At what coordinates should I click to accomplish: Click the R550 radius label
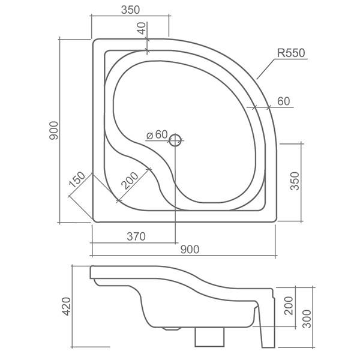[x=292, y=53]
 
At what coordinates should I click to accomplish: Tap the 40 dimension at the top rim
[x=142, y=28]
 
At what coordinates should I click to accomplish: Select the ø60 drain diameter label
[x=157, y=135]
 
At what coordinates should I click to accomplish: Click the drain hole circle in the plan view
[x=175, y=140]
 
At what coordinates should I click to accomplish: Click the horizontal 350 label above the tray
[x=130, y=10]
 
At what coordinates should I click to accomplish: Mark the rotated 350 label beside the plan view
[x=294, y=180]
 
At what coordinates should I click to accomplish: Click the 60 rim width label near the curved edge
[x=283, y=101]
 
